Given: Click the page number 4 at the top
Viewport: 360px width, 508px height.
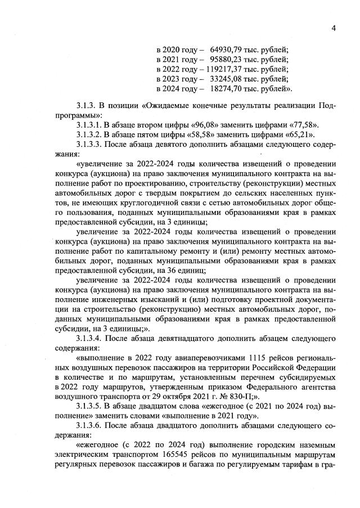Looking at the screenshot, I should tap(334, 29).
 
